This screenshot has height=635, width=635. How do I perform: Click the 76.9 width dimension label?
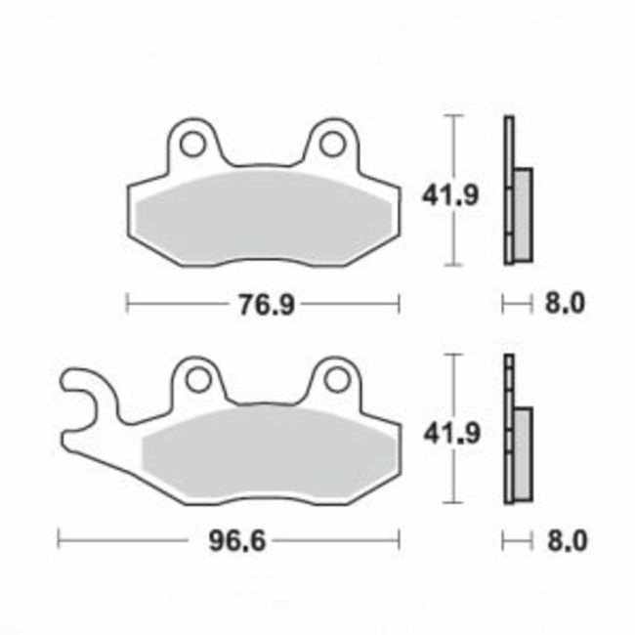pyautogui.click(x=261, y=305)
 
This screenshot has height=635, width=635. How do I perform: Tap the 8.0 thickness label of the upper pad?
pyautogui.click(x=564, y=305)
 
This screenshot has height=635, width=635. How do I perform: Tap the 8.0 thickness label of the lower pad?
pyautogui.click(x=564, y=539)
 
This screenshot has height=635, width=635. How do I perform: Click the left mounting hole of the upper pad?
pyautogui.click(x=192, y=145)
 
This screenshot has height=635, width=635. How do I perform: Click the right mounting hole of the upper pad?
pyautogui.click(x=332, y=145)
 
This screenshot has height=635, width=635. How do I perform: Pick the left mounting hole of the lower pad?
pyautogui.click(x=199, y=379)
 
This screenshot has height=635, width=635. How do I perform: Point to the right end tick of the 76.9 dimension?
pyautogui.click(x=399, y=305)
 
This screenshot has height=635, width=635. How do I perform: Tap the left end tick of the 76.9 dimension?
pyautogui.click(x=128, y=305)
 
